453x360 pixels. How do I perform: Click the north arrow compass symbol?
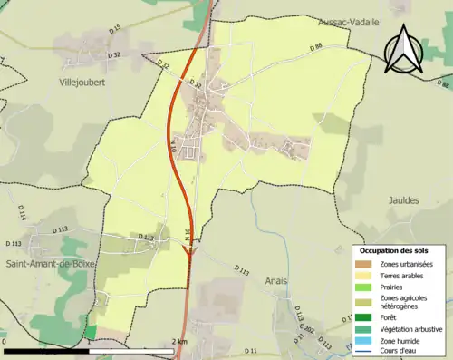click(404, 49)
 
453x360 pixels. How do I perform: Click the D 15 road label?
click(114, 30)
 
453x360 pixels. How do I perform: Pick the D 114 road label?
click(20, 214)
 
